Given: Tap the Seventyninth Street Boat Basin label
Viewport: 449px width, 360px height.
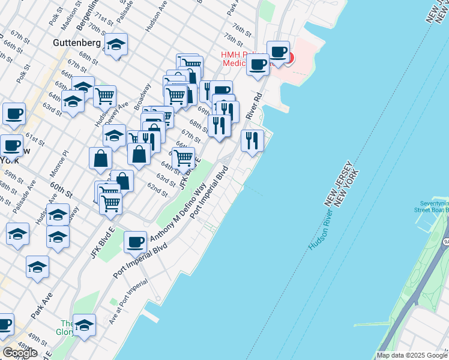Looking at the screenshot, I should click(431, 206).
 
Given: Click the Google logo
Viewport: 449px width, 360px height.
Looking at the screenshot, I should click(20, 353).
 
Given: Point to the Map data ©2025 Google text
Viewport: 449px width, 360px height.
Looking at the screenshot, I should click(412, 355).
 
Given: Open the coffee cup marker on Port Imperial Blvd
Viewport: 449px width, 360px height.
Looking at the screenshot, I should click(136, 242).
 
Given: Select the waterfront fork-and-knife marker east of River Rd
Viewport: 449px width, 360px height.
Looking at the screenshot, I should click(252, 140).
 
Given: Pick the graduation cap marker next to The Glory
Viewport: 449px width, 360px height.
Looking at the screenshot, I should click(84, 326).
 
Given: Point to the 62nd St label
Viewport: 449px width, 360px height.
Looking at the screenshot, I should click(157, 189).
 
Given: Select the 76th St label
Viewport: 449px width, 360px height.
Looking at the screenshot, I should click(241, 29).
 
